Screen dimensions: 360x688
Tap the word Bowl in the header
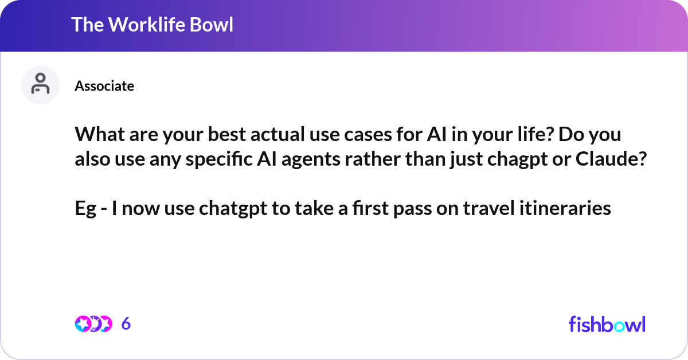tap(214, 25)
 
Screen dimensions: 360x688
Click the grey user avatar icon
tap(40, 85)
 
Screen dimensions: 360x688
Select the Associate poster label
tap(104, 86)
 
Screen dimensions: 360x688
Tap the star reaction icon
tap(83, 324)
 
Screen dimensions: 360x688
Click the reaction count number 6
tap(126, 324)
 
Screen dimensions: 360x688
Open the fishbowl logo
tap(607, 324)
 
